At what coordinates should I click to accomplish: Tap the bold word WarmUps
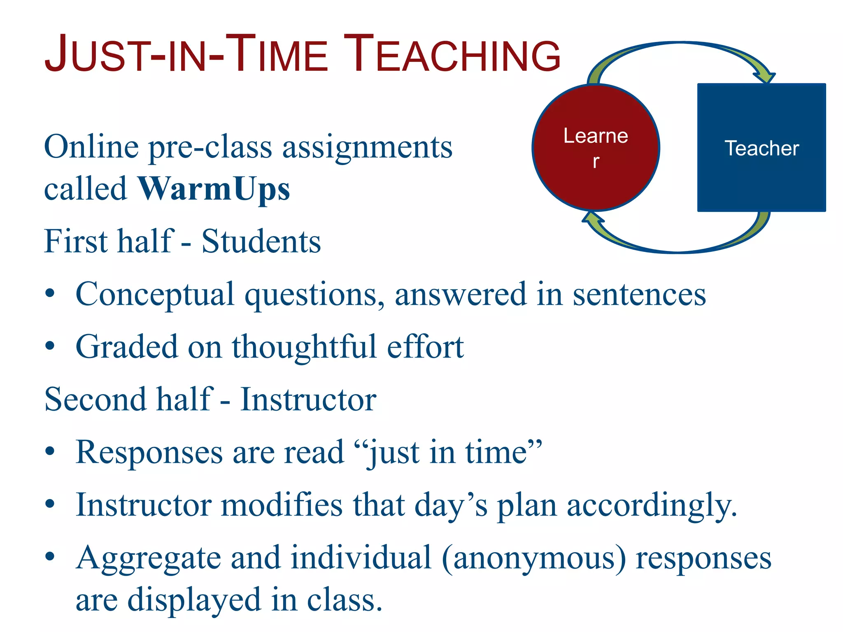[x=214, y=189]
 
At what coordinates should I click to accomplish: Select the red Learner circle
[x=596, y=148]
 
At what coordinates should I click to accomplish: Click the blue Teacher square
[x=761, y=148]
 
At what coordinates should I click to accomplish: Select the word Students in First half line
[x=261, y=242]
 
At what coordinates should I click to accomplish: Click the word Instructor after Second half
[x=308, y=400]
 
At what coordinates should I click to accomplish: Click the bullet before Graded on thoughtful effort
[x=50, y=347]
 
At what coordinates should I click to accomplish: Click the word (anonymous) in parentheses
[x=534, y=558]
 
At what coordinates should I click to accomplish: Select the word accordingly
[x=652, y=506]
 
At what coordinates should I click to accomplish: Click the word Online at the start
[x=91, y=147]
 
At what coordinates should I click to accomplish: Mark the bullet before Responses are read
[x=50, y=452]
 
